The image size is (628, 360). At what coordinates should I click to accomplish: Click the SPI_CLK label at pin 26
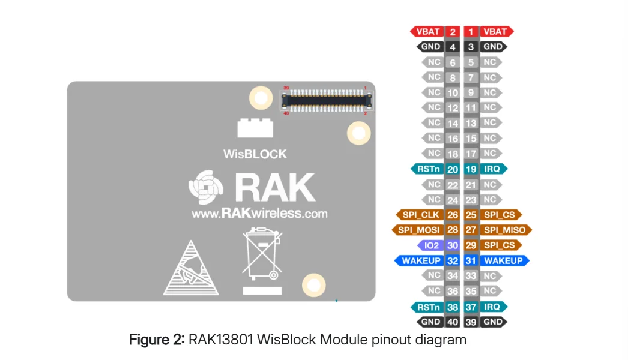click(x=419, y=215)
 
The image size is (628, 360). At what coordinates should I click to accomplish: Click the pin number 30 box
click(x=453, y=245)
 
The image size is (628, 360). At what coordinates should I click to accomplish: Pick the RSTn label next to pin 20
click(x=427, y=169)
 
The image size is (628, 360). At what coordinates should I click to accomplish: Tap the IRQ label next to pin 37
click(x=493, y=307)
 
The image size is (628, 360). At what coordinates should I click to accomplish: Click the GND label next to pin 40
click(x=430, y=322)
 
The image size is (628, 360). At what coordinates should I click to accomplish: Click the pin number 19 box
click(x=471, y=169)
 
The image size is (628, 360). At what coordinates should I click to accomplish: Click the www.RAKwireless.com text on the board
click(x=259, y=214)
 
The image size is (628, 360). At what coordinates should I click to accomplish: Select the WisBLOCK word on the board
click(x=255, y=154)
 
